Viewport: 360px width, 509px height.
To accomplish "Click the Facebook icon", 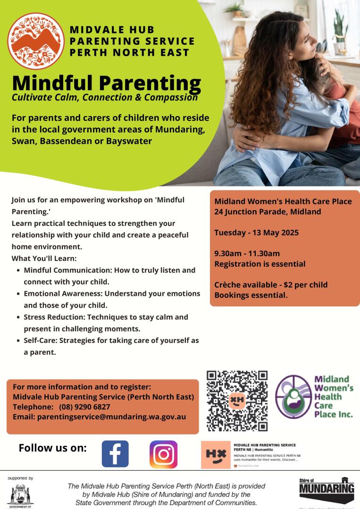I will click(x=115, y=454).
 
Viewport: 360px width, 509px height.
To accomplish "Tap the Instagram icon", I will click(x=163, y=454).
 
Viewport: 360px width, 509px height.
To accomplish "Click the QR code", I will click(x=237, y=401).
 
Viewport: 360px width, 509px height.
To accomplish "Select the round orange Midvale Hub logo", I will click(x=36, y=41).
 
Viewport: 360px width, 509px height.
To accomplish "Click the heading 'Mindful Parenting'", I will click(x=107, y=83).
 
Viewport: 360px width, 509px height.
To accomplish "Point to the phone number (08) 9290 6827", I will click(x=84, y=407).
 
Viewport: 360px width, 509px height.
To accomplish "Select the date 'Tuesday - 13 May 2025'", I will click(x=256, y=233).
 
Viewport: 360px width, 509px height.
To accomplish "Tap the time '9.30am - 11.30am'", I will click(x=247, y=253).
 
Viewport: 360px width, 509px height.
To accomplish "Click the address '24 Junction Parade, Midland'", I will click(x=268, y=212).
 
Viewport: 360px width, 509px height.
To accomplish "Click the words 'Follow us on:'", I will click(x=53, y=448).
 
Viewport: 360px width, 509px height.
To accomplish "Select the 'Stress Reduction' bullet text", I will click(x=106, y=317).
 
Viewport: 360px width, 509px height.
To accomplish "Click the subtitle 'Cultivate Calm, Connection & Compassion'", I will click(x=105, y=98).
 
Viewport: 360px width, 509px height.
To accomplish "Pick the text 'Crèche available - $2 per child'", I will click(x=271, y=285).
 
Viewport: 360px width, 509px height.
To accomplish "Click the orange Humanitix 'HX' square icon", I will click(x=216, y=455).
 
